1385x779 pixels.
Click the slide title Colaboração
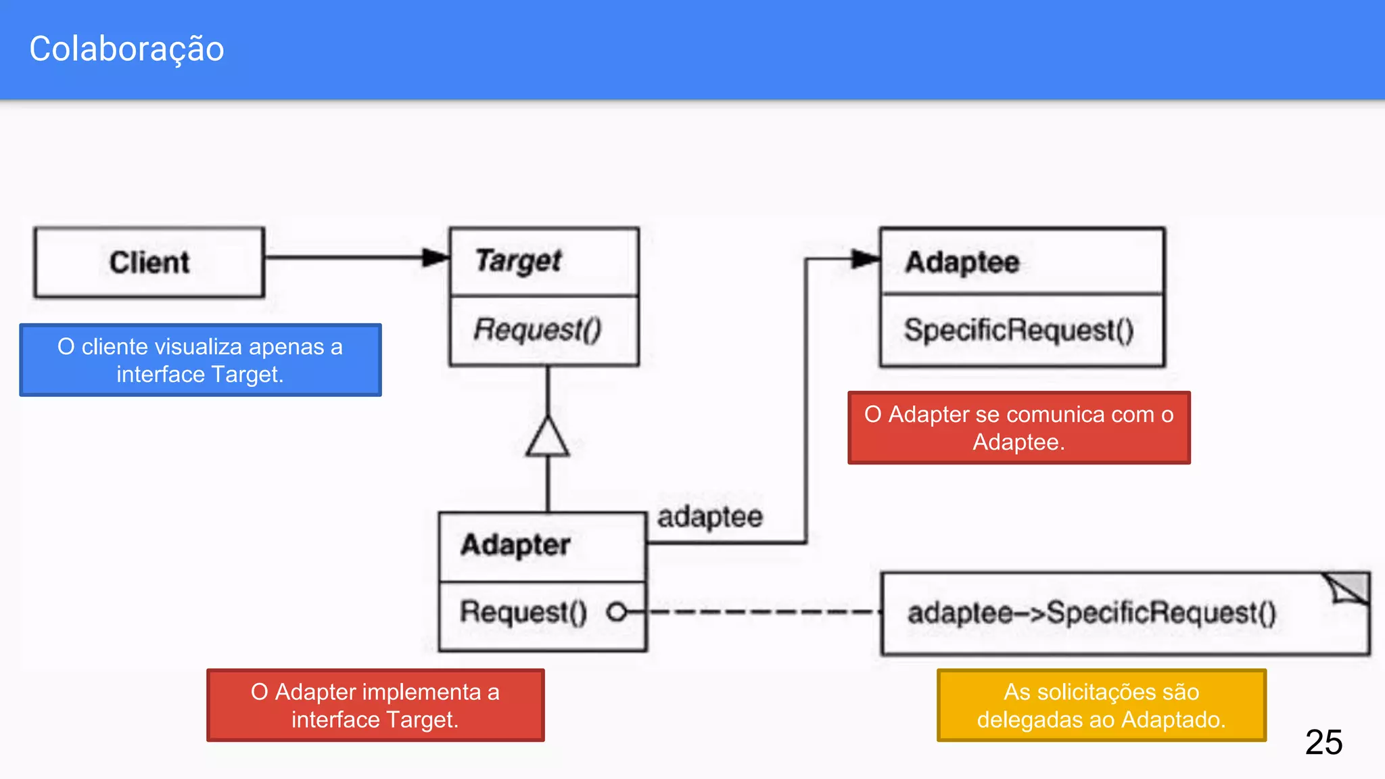point(126,49)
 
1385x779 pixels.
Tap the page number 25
point(1323,742)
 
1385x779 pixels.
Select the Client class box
point(149,262)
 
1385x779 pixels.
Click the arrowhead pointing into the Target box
point(435,257)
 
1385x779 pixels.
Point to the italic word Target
point(518,261)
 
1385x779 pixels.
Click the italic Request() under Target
point(537,330)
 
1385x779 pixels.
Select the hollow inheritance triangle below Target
point(548,438)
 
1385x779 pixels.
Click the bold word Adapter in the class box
point(515,545)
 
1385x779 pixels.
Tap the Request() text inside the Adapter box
point(523,612)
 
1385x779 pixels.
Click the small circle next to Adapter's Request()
point(616,612)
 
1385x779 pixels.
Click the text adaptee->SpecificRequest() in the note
point(1091,613)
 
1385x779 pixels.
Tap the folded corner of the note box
point(1348,588)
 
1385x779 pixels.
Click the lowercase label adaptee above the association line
point(710,517)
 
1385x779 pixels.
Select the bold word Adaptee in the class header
point(962,262)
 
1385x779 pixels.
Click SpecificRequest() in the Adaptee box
point(1018,331)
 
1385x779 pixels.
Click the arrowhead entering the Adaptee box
point(865,258)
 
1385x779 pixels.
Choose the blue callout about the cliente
point(200,360)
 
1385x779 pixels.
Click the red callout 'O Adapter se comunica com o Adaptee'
point(1018,428)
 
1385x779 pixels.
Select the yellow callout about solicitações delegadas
point(1101,705)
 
